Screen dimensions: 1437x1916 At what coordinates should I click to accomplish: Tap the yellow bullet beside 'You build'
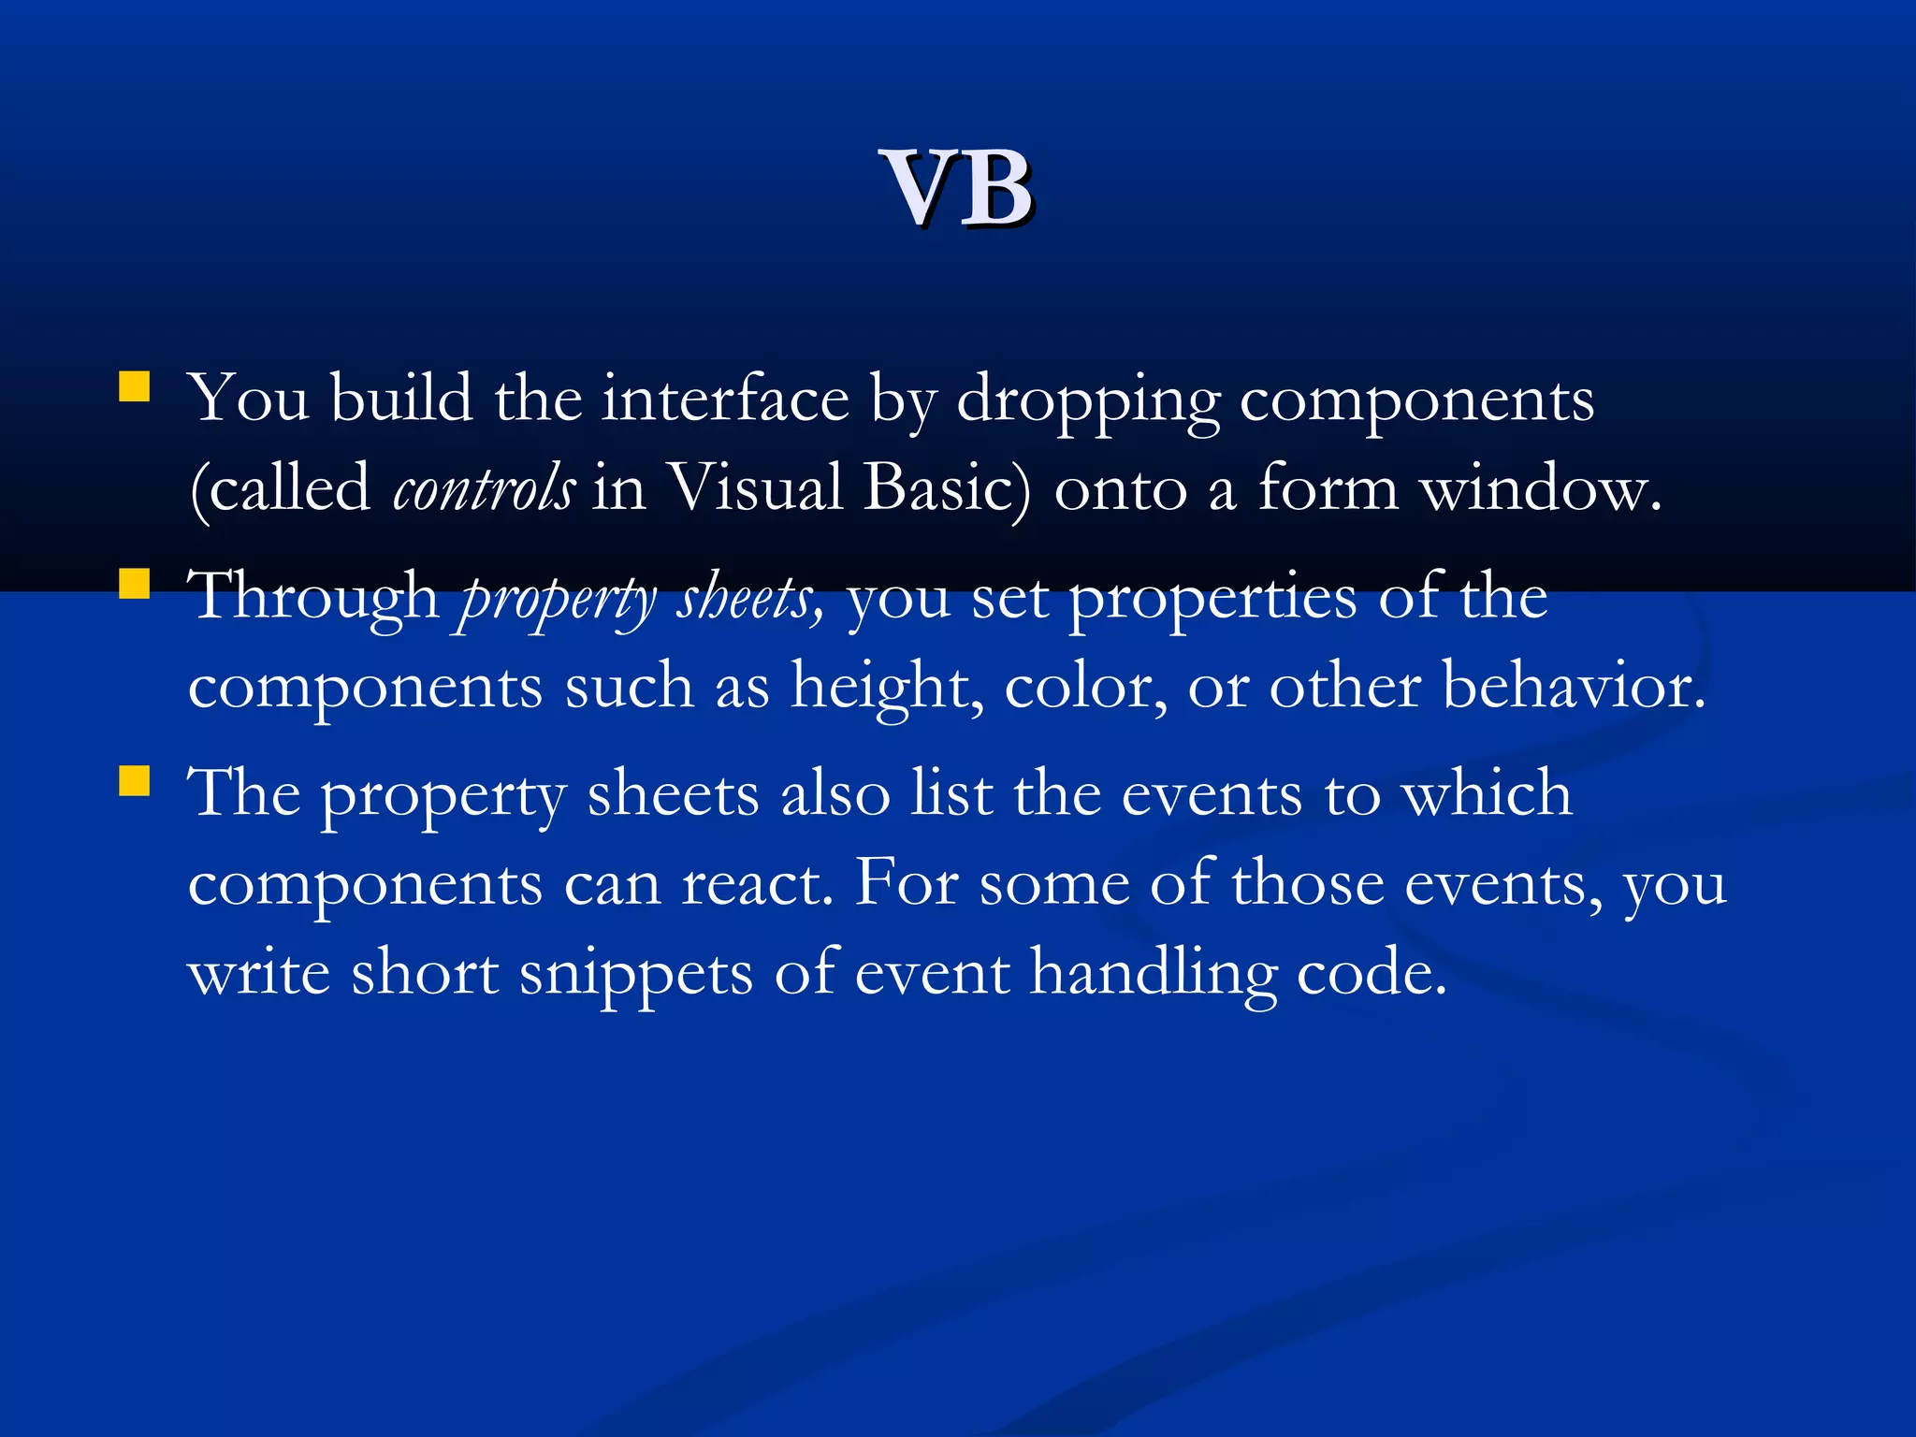coord(135,387)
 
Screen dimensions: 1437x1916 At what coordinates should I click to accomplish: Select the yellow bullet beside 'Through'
coord(135,585)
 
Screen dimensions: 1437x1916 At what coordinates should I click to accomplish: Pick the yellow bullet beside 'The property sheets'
coord(135,781)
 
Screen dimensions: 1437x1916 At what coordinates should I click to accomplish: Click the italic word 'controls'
coord(483,488)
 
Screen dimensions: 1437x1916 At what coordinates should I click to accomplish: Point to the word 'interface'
coord(725,399)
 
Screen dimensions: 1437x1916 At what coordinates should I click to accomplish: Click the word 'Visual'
coord(756,488)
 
